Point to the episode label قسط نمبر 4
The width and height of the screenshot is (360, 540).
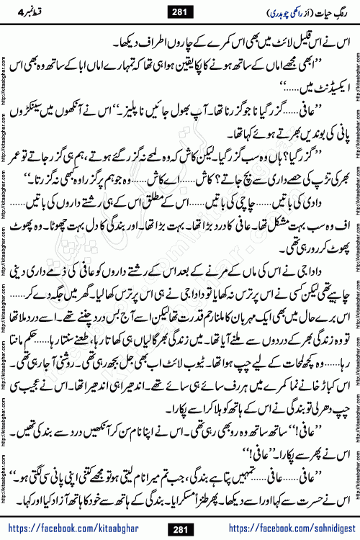click(x=32, y=11)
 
